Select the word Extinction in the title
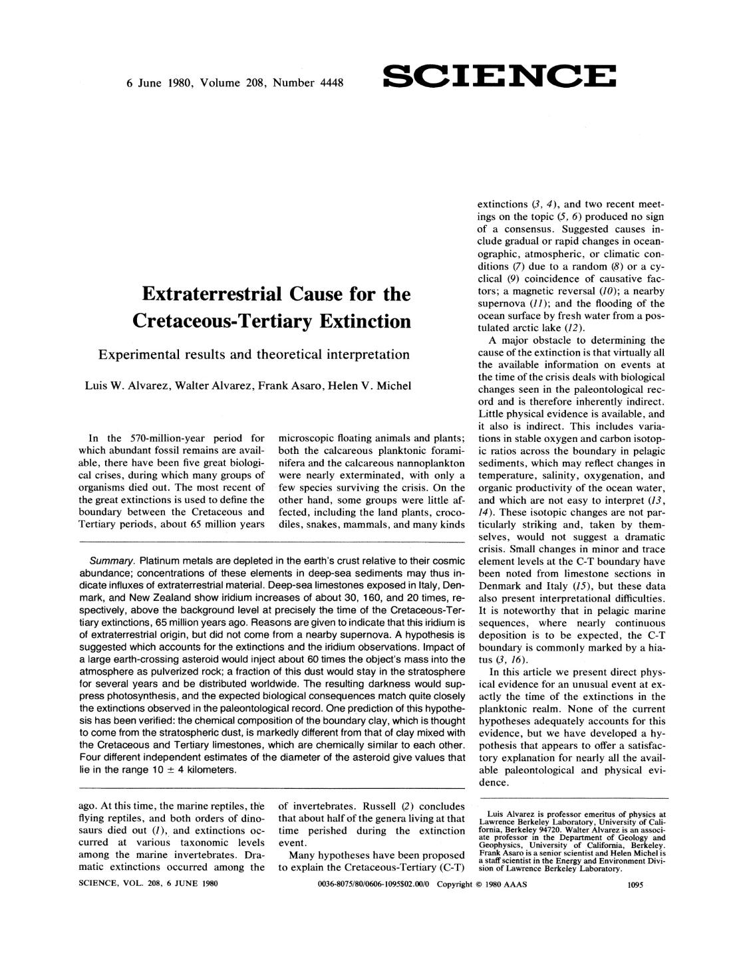coord(363,321)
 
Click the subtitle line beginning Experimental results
coord(253,354)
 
